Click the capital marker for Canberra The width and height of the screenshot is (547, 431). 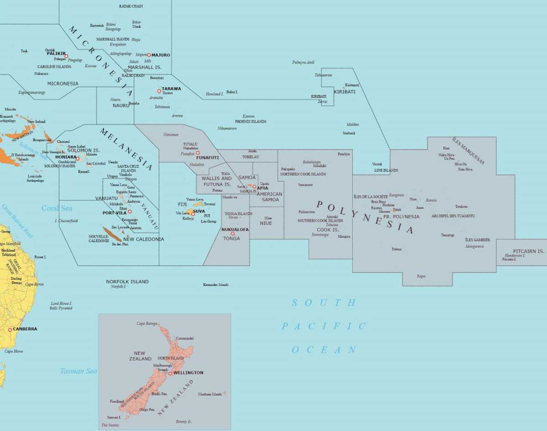click(10, 329)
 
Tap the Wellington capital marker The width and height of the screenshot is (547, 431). click(170, 373)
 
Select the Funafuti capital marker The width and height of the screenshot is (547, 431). click(198, 153)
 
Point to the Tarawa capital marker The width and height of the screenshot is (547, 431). click(159, 91)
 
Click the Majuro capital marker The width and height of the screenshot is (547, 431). click(149, 55)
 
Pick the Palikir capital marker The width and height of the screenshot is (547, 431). click(66, 56)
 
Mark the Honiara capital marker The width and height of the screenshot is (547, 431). click(78, 159)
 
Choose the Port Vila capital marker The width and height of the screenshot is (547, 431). click(129, 212)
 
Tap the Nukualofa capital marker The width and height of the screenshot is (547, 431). click(232, 234)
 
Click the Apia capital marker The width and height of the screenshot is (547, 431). click(254, 187)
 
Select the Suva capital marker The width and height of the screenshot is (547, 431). click(193, 214)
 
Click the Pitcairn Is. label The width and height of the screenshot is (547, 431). click(528, 251)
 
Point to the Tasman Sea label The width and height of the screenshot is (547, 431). click(78, 371)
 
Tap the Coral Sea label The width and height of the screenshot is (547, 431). click(57, 209)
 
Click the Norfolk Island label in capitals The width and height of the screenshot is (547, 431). click(127, 282)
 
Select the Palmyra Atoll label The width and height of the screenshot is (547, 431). click(303, 63)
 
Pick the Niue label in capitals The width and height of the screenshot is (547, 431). click(266, 223)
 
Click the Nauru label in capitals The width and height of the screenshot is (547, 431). click(121, 106)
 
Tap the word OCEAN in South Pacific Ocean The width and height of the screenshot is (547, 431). click(324, 350)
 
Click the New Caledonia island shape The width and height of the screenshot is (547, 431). click(112, 234)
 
